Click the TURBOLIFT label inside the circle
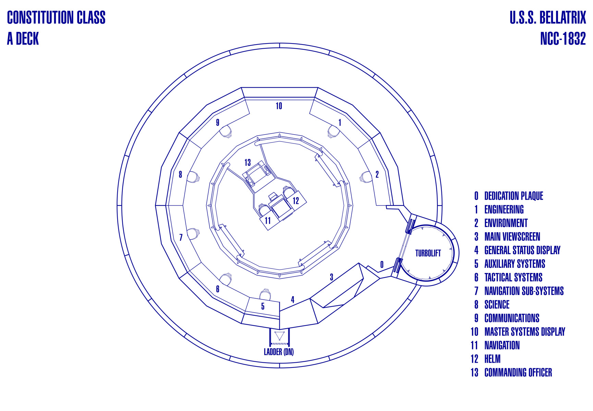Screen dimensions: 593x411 coord(428,253)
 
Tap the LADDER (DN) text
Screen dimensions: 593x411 coord(279,352)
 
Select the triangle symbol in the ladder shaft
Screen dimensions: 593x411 coord(279,335)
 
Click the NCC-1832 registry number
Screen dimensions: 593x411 coord(563,39)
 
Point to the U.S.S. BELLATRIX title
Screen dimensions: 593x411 coord(547,18)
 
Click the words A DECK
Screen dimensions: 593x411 coord(23,39)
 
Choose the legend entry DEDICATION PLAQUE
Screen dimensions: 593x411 coord(513,196)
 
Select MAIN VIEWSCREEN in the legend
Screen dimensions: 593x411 coord(512,237)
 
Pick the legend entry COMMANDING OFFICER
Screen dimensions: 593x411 coord(518,373)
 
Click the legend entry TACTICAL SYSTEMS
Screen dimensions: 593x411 coord(513,277)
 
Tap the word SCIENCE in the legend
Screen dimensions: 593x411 coord(497,304)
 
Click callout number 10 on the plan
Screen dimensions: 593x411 coord(279,106)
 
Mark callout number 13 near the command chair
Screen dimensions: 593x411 coord(247,162)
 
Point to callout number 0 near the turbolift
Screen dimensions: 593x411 coord(382,264)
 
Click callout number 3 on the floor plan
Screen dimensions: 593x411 coord(331,277)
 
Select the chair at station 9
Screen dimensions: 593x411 coord(226,131)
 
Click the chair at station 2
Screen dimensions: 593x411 coord(365,177)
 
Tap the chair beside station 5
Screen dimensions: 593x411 coord(265,294)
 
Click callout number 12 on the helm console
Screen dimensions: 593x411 coord(296,201)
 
